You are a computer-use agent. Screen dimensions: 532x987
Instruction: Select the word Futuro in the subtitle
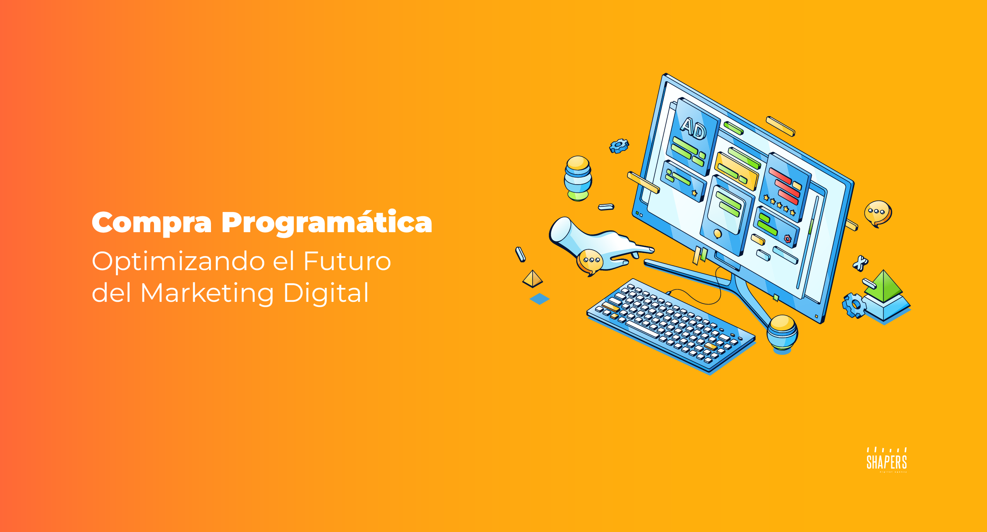click(347, 261)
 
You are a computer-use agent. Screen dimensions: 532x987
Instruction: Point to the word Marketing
click(207, 293)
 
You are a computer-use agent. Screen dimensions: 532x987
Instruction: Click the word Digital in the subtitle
click(326, 293)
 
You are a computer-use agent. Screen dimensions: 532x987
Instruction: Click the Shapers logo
click(886, 460)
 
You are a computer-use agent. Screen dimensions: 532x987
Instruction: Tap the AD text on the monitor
click(694, 128)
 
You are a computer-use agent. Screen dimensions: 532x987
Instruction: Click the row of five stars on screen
click(779, 205)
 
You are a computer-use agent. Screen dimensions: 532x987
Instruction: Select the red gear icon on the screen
click(787, 239)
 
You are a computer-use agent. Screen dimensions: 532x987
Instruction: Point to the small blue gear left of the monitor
click(619, 145)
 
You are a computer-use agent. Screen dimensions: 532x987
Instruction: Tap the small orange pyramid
click(533, 279)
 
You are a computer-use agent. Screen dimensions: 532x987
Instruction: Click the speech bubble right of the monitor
click(877, 213)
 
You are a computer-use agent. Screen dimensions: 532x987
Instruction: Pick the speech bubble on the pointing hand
click(590, 261)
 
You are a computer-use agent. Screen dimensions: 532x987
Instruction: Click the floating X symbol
click(860, 263)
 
